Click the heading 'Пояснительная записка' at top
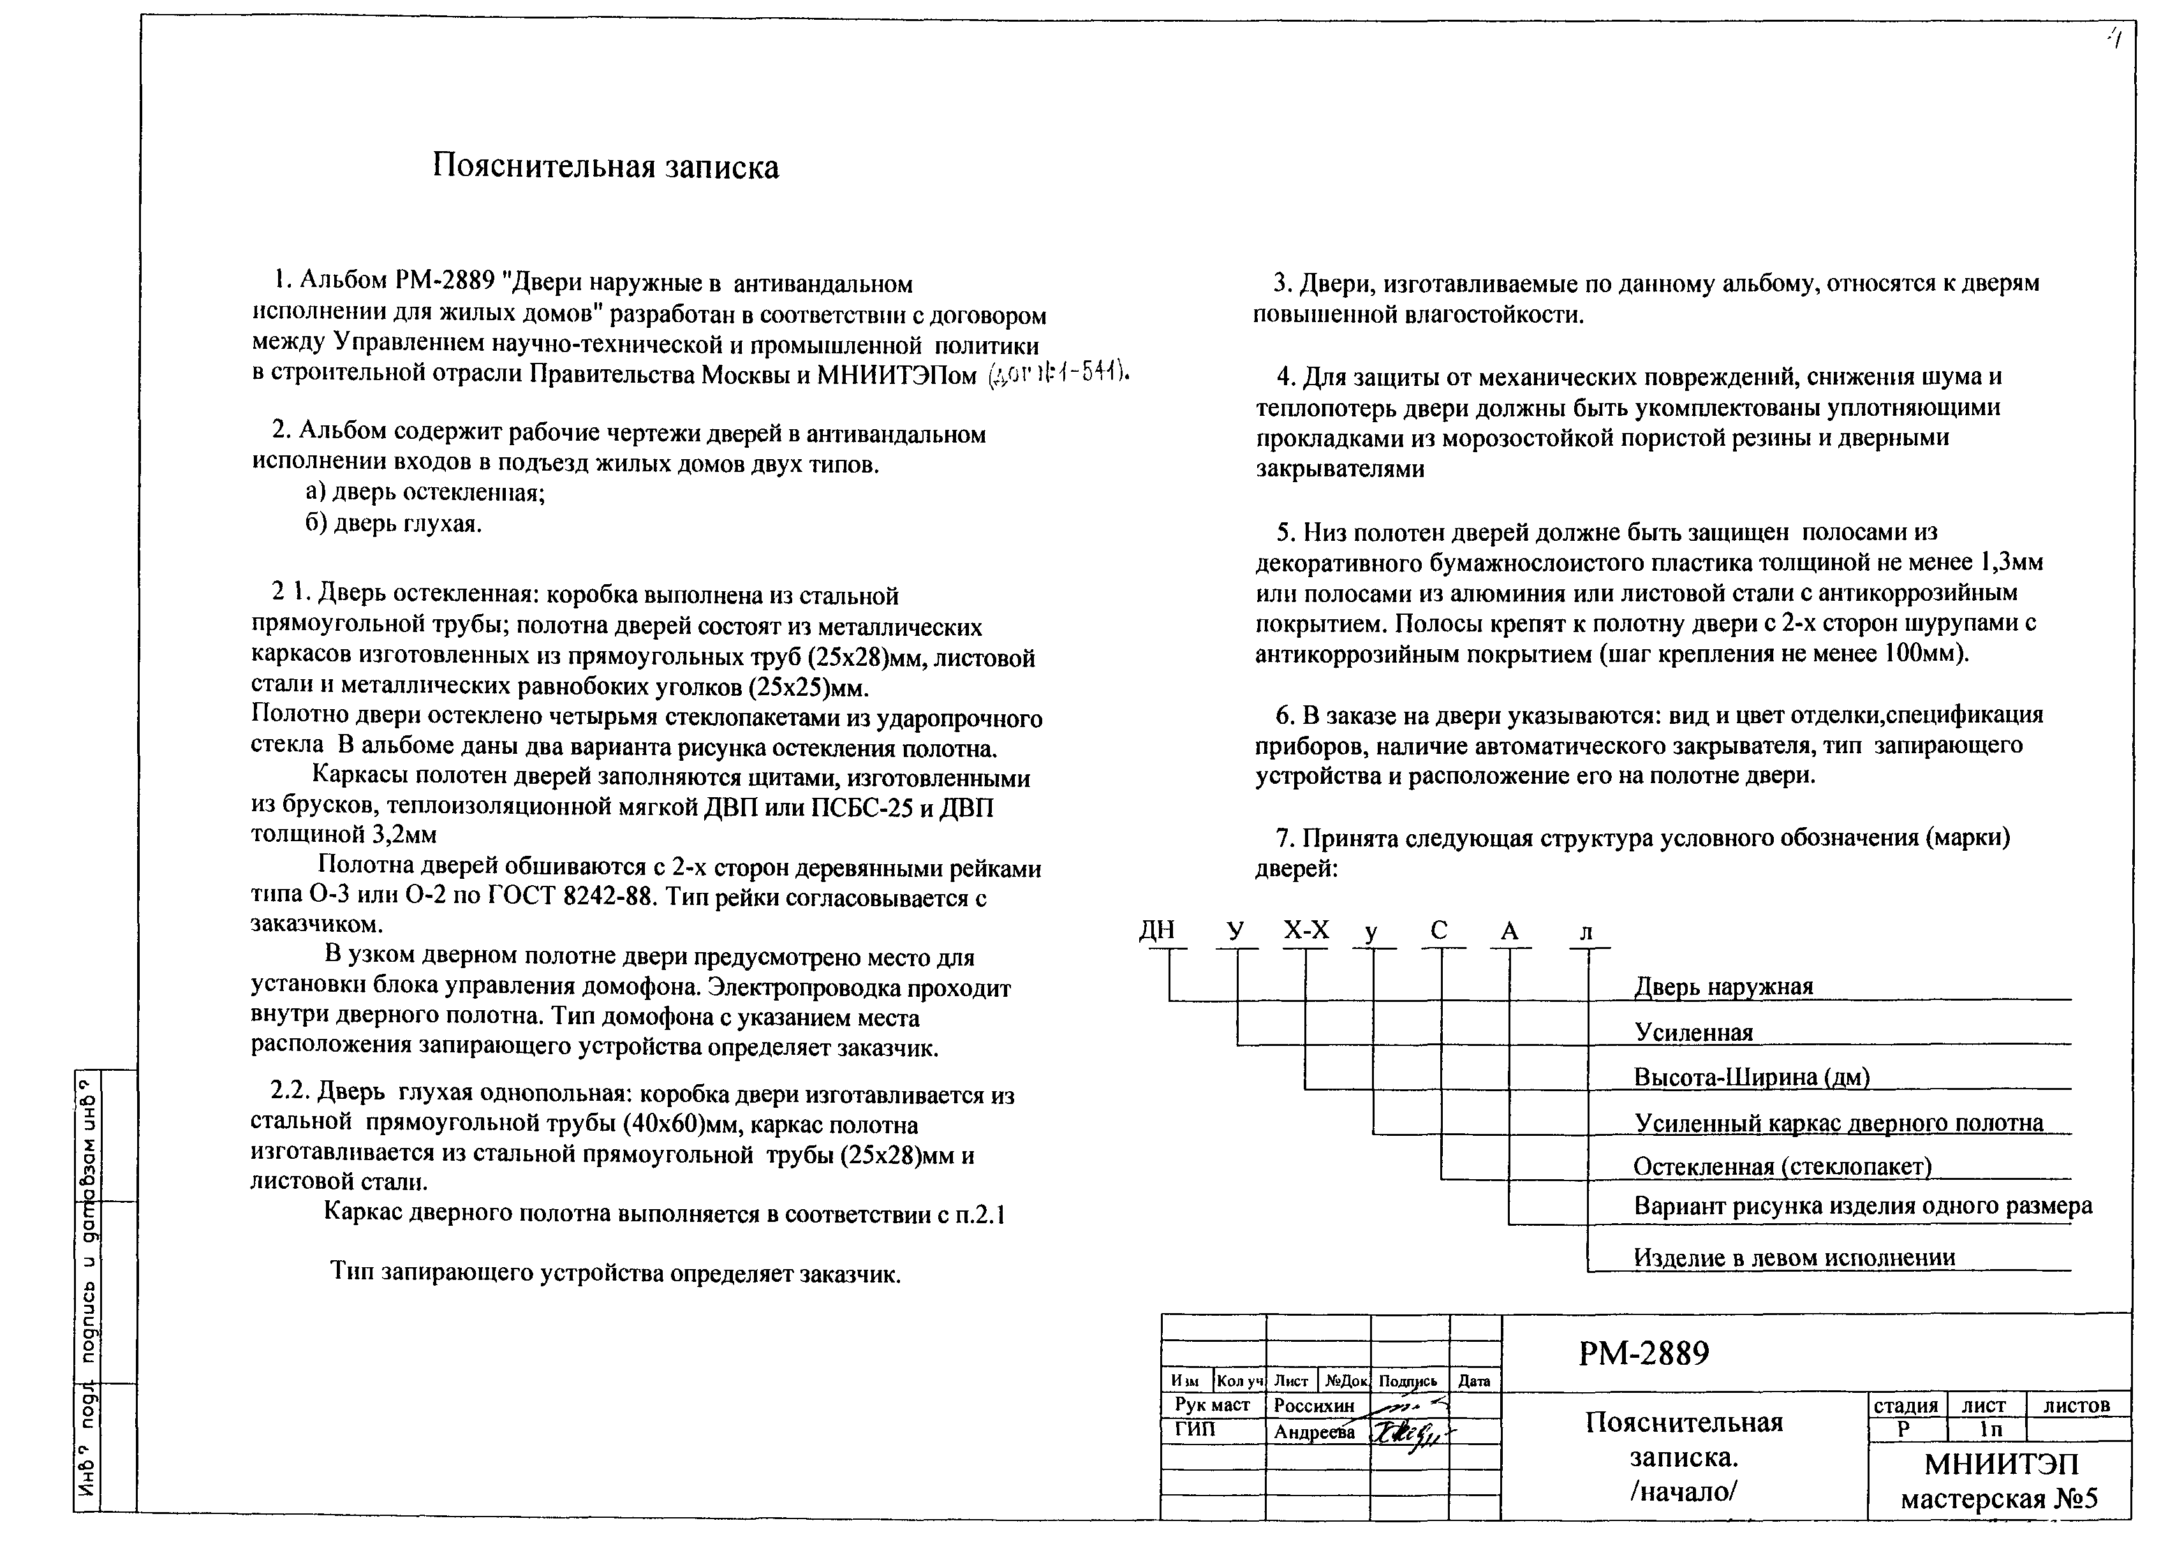click(x=605, y=166)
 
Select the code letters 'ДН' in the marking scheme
click(x=1157, y=930)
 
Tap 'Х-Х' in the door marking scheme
click(x=1306, y=930)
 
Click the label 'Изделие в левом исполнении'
click(x=1794, y=1258)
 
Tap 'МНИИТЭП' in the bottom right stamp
click(x=2001, y=1464)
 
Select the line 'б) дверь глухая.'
click(x=394, y=524)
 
